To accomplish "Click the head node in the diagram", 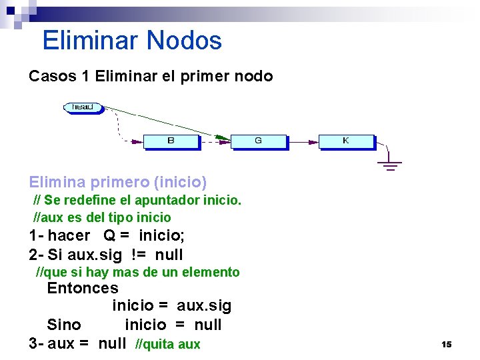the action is pyautogui.click(x=83, y=107).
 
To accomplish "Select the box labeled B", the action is pyautogui.click(x=171, y=141).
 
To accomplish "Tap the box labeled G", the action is pyautogui.click(x=258, y=141).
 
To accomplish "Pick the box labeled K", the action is pyautogui.click(x=346, y=141).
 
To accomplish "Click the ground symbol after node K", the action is pyautogui.click(x=391, y=164).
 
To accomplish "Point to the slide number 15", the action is pyautogui.click(x=446, y=344).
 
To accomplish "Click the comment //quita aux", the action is pyautogui.click(x=167, y=344).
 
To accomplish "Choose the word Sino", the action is pyautogui.click(x=64, y=325).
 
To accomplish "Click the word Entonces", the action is pyautogui.click(x=83, y=289).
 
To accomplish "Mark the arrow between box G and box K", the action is pyautogui.click(x=303, y=141).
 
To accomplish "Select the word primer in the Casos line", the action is pyautogui.click(x=204, y=76).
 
